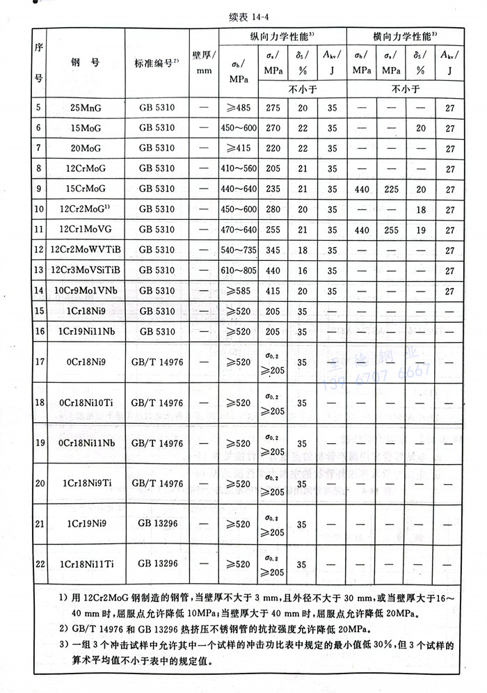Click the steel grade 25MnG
point(84,109)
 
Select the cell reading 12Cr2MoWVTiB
point(85,249)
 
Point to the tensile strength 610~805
point(239,269)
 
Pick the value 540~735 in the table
point(239,249)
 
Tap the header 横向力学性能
point(403,36)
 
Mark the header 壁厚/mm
point(203,63)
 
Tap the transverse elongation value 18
point(417,209)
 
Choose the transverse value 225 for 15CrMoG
point(391,189)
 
